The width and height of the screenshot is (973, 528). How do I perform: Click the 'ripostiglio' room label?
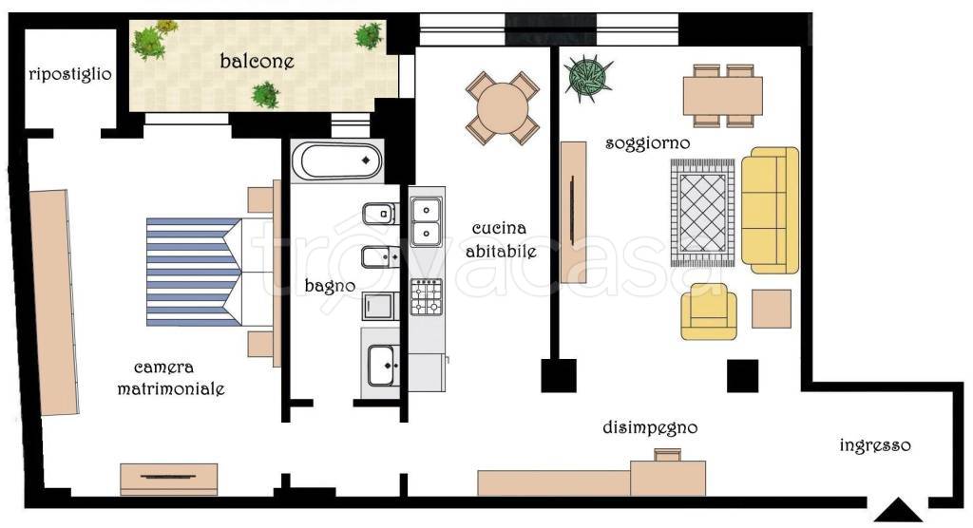click(70, 74)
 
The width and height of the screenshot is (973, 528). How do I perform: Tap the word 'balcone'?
click(257, 61)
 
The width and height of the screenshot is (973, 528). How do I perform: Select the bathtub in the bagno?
click(337, 161)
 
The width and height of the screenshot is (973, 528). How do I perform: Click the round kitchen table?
click(502, 108)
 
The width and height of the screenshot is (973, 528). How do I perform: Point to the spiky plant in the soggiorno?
click(587, 79)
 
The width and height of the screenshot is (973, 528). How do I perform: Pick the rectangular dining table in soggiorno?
click(723, 96)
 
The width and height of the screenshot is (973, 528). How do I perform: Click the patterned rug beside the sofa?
click(702, 213)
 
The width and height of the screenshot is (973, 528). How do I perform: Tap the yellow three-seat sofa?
click(770, 210)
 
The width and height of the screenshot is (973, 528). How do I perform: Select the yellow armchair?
click(709, 312)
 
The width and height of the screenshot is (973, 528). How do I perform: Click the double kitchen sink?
click(427, 221)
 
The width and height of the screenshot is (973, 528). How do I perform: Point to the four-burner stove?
click(427, 296)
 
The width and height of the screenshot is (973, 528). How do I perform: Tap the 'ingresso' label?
click(875, 445)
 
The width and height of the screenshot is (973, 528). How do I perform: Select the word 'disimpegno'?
click(650, 427)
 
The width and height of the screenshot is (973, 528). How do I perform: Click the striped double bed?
click(211, 272)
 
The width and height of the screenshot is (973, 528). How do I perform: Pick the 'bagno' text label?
click(330, 286)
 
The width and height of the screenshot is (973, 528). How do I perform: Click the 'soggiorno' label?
click(647, 143)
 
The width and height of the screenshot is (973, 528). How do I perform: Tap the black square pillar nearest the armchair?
click(742, 376)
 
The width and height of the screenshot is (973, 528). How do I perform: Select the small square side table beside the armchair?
click(772, 309)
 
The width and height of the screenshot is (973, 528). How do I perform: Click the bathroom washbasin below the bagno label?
click(381, 366)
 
